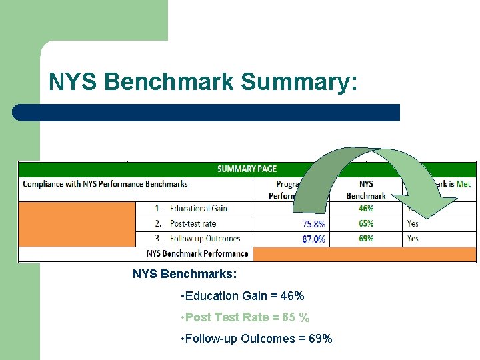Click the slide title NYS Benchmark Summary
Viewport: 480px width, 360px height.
(x=203, y=82)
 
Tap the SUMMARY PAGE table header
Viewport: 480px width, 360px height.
(x=247, y=169)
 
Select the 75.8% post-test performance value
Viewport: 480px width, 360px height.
(x=313, y=224)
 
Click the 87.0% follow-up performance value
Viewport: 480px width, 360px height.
(x=313, y=239)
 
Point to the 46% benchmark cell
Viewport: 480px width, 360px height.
(x=365, y=209)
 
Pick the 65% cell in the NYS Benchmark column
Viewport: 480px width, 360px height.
(x=365, y=223)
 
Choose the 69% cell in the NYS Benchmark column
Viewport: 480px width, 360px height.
(x=365, y=238)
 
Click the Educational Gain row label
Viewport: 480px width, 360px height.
(x=198, y=209)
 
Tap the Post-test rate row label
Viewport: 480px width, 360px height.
(x=193, y=223)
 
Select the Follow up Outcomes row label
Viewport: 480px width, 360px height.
(x=205, y=238)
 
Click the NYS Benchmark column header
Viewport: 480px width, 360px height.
(x=366, y=189)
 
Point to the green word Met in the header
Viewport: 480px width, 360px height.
(x=463, y=183)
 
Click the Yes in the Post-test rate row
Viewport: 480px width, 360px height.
(x=413, y=223)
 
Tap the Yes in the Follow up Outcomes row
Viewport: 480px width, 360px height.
(x=413, y=238)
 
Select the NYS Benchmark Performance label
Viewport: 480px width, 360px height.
(x=197, y=253)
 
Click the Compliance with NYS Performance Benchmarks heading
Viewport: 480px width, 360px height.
(x=105, y=183)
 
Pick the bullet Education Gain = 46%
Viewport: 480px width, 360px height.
(x=242, y=296)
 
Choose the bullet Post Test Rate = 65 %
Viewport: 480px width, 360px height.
(x=245, y=317)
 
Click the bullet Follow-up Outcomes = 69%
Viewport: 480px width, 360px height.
(x=256, y=339)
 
